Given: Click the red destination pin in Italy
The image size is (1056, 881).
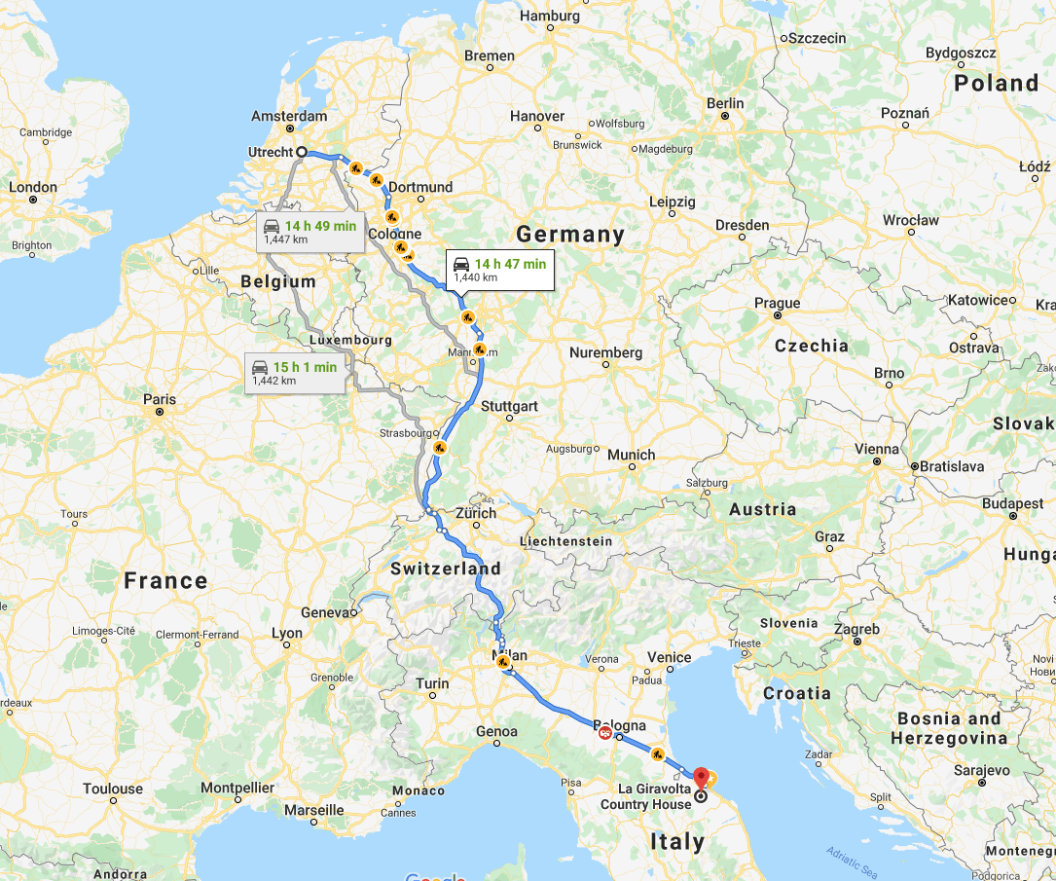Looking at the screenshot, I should (701, 778).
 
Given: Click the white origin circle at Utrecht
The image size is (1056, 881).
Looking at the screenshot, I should (302, 152).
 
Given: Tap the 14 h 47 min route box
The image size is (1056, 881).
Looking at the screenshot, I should (500, 270).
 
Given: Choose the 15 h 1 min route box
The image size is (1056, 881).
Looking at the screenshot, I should (295, 372).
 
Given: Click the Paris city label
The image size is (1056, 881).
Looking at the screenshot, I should (160, 399).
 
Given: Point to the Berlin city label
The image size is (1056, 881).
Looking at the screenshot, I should (725, 103).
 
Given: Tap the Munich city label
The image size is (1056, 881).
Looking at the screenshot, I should (631, 455).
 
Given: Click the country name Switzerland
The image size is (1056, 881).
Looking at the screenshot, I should (446, 569).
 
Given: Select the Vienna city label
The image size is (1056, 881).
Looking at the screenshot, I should (876, 449).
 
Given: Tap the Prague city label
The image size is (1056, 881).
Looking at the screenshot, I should (777, 303).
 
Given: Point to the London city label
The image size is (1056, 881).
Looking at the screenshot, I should (33, 187).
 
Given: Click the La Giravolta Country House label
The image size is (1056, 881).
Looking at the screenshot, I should (645, 796).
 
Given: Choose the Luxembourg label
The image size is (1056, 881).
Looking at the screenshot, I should (350, 340).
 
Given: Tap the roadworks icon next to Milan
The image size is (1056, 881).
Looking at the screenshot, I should (503, 662).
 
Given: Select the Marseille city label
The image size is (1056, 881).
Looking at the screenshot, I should (312, 809).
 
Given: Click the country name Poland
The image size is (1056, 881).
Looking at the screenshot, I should (996, 83).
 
